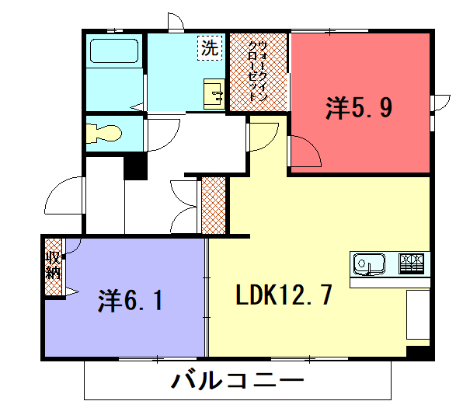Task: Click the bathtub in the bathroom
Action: coord(114,51)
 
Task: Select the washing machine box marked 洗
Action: coord(210,48)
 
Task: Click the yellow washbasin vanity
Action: coord(214,94)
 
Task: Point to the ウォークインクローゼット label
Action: coord(258,71)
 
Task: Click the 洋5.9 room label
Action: coord(359,107)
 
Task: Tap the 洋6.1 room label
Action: coord(131,301)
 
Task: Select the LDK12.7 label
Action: coord(284,295)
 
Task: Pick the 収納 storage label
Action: coord(53,265)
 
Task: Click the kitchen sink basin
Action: coord(369,263)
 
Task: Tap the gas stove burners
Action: coord(411,263)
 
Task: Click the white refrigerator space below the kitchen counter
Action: coord(418,314)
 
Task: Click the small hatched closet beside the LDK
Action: coord(213,206)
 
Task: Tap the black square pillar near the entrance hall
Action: coord(135,168)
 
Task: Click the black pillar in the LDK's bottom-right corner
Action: coord(418,352)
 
